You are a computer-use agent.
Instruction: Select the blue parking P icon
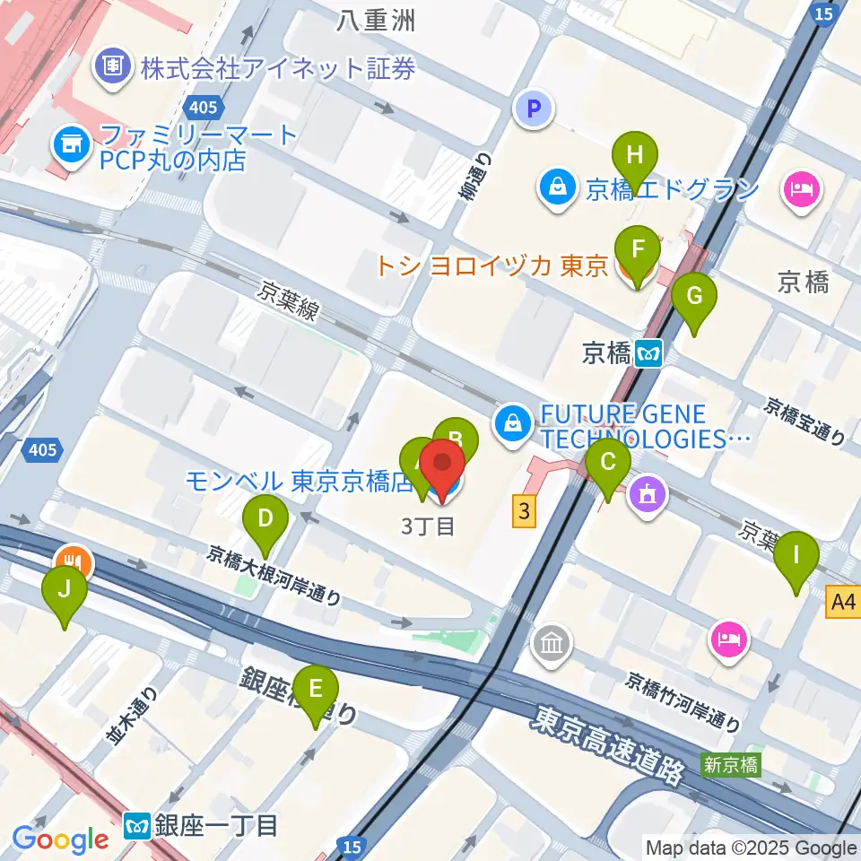(x=535, y=109)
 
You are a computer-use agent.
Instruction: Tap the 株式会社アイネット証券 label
(x=276, y=67)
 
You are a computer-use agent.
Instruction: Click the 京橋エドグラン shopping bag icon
(x=557, y=189)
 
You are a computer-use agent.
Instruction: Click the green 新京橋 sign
(x=732, y=765)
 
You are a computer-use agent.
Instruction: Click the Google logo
(x=60, y=839)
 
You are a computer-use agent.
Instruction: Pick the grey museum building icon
(x=548, y=644)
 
